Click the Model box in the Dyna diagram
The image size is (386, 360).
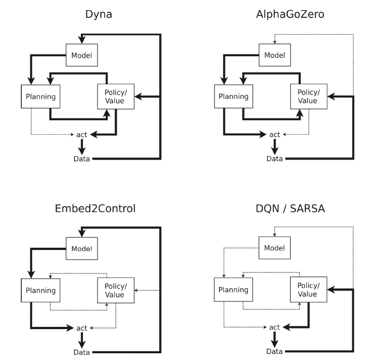(x=81, y=55)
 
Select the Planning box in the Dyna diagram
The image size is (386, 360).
(x=40, y=96)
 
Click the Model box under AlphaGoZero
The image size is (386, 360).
(x=274, y=55)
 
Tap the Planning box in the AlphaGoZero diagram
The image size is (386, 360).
(x=233, y=96)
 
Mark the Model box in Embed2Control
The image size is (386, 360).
(x=81, y=248)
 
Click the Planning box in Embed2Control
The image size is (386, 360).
(x=40, y=290)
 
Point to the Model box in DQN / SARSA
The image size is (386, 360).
(x=274, y=248)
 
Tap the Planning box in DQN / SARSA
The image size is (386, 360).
(x=233, y=290)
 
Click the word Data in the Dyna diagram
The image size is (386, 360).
(x=82, y=159)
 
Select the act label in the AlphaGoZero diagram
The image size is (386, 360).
(x=274, y=135)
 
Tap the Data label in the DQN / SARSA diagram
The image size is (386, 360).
(x=274, y=352)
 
